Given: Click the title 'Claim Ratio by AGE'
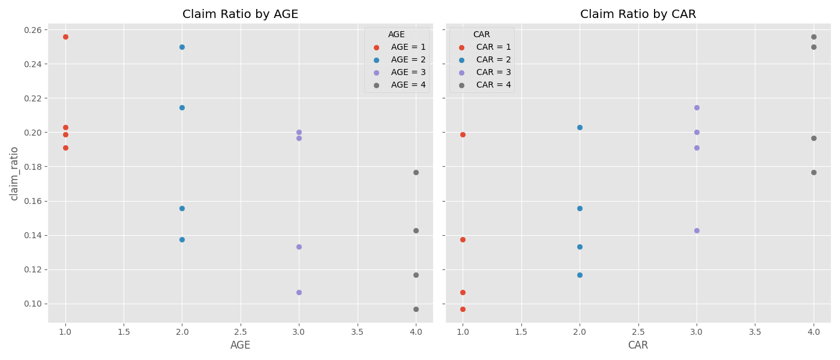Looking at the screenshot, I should click(x=240, y=14).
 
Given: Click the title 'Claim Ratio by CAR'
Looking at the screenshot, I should click(x=638, y=14).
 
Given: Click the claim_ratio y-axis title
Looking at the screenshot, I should click(x=14, y=173).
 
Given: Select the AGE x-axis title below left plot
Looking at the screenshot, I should click(x=240, y=346).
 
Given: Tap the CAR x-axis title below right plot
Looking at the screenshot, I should click(x=638, y=346).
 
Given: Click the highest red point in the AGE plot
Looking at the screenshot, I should click(x=65, y=37).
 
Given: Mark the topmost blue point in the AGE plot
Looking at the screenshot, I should click(x=182, y=47).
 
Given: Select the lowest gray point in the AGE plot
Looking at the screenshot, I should click(x=416, y=309).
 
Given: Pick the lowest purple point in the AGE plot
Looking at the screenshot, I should click(x=299, y=292).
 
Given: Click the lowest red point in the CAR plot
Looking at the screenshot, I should click(x=463, y=309).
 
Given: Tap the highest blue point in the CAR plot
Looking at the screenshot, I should click(x=580, y=127).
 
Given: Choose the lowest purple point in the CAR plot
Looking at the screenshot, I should click(x=697, y=230).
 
